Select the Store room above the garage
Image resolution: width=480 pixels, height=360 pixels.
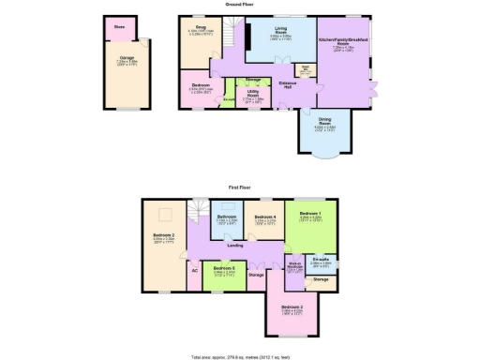point(119,27)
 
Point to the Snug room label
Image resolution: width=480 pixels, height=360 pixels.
point(200,28)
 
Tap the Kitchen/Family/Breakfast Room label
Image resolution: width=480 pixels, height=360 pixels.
point(341,43)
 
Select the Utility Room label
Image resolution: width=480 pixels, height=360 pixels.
point(252,94)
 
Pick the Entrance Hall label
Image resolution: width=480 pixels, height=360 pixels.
point(291,85)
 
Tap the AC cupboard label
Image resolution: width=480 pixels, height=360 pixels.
point(194,270)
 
